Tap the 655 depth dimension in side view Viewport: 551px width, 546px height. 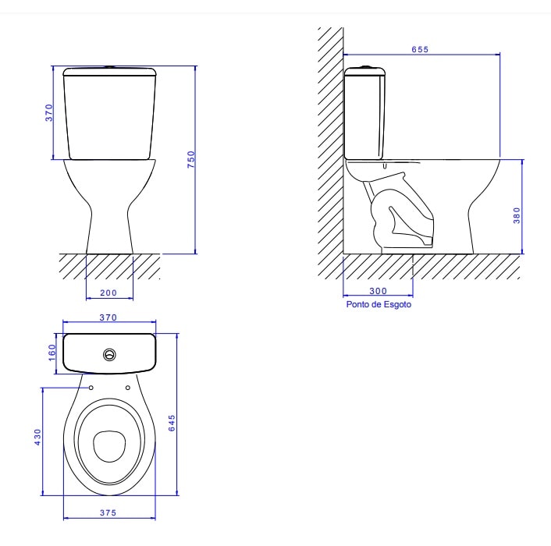(420, 49)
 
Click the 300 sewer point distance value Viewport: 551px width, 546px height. (378, 291)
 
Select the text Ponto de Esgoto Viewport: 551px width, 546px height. (378, 305)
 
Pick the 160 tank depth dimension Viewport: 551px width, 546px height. (51, 352)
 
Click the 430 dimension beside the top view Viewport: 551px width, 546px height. (36, 437)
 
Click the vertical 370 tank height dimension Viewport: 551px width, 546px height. (48, 113)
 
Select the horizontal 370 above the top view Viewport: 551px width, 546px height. (109, 317)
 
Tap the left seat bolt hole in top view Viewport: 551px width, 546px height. (91, 387)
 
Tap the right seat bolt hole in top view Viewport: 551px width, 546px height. (126, 387)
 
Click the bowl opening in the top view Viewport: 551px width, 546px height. (109, 447)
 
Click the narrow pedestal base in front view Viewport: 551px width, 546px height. (109, 234)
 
